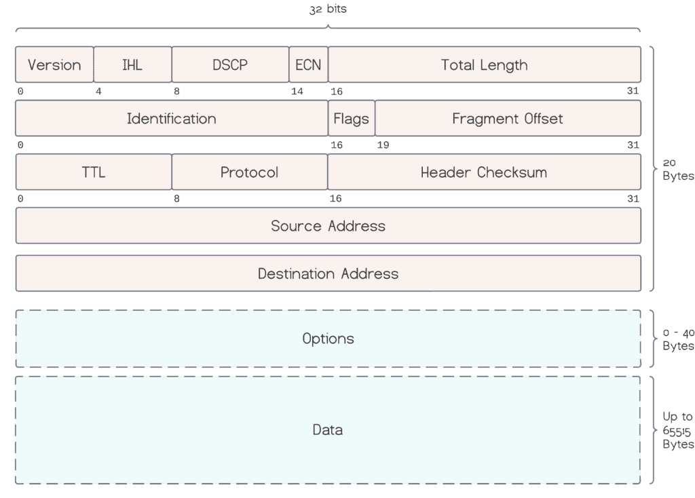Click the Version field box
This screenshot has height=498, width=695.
[x=54, y=64]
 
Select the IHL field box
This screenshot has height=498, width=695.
[x=132, y=64]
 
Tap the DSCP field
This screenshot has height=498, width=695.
[x=230, y=64]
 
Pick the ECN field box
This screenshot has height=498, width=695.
[x=308, y=64]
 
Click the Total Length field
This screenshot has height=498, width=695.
[x=484, y=64]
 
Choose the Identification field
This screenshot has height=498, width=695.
[x=171, y=119]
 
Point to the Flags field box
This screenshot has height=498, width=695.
[x=351, y=119]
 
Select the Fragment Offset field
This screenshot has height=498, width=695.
[x=507, y=119]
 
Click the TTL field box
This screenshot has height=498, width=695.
[x=94, y=172]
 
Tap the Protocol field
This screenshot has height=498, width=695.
[x=249, y=172]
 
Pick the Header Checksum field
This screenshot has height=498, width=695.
[x=484, y=172]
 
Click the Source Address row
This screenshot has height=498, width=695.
[x=328, y=226]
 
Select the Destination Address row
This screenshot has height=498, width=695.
[x=328, y=273]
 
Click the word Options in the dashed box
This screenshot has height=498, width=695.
[x=328, y=339]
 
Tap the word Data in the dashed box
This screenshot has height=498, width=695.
[x=327, y=429]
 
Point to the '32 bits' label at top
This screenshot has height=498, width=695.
[x=328, y=9]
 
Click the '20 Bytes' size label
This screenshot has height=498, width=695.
[x=677, y=170]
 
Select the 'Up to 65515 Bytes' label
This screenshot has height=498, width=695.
[x=677, y=430]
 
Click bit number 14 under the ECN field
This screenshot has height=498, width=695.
[x=297, y=92]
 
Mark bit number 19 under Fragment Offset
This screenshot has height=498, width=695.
[x=383, y=145]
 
